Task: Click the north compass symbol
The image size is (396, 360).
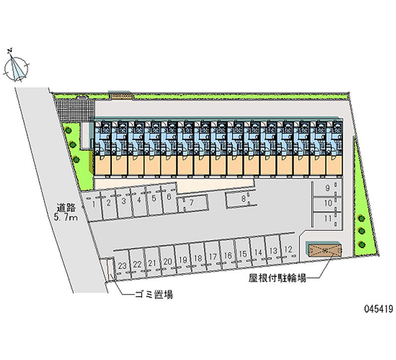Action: coord(16,66)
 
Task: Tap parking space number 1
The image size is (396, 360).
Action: coord(93,203)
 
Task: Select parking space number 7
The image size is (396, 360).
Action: coord(191,202)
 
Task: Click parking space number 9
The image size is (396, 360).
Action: coord(327,188)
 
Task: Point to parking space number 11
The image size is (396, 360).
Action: coord(327,218)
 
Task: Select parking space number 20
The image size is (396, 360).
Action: coord(168,261)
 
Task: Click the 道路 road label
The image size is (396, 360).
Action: coord(66,208)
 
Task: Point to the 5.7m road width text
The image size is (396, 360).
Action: coord(66,217)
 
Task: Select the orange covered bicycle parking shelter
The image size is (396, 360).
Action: coord(324,250)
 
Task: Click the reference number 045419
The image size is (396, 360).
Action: coord(377,309)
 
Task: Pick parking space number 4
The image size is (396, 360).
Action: coord(140,200)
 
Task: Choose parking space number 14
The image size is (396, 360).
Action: coord(258,253)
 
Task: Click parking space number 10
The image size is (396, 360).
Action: coord(327,203)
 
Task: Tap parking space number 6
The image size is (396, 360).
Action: coord(169,197)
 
